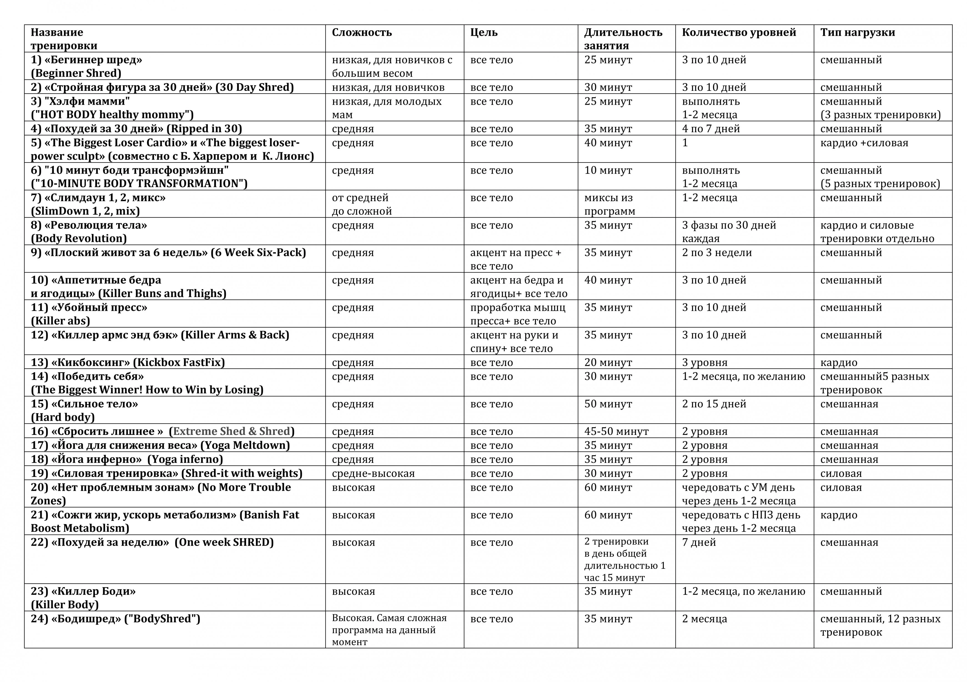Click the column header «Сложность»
point(362,33)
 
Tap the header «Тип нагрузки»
point(858,33)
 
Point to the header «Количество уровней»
point(739,33)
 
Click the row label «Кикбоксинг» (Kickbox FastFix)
point(128,362)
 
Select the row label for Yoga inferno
point(127,459)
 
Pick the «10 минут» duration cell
point(608,170)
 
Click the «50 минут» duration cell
point(608,404)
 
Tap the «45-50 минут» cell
point(616,431)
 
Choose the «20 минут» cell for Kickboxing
point(608,362)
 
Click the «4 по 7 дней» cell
point(710,129)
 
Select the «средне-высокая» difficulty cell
point(373,474)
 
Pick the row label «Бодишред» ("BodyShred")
point(115,619)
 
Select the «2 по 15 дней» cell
point(714,404)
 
